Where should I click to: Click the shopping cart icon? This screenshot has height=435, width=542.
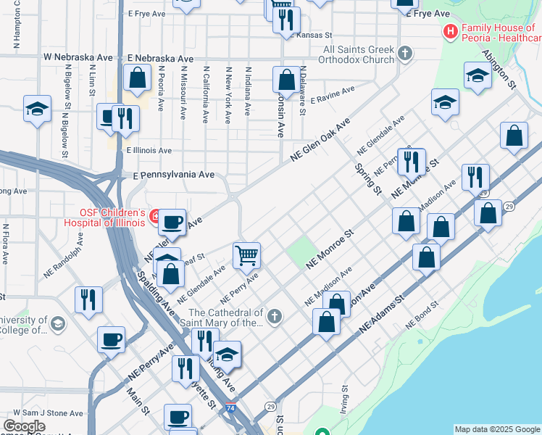[x=246, y=255]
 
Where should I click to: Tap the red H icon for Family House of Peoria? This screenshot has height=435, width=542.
[x=450, y=32]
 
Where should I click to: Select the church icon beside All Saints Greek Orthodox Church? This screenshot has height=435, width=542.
[x=404, y=53]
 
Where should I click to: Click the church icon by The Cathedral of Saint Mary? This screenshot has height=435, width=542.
[x=274, y=316]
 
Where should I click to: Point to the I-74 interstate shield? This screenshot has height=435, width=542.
[x=231, y=409]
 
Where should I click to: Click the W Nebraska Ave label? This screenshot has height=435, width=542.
[x=79, y=57]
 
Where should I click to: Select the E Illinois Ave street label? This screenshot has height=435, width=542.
[x=149, y=151]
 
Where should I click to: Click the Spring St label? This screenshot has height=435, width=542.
[x=367, y=178]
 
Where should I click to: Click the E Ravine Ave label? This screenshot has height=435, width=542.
[x=333, y=96]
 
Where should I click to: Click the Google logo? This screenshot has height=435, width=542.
[x=25, y=426]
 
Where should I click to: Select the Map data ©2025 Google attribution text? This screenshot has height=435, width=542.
[x=497, y=429]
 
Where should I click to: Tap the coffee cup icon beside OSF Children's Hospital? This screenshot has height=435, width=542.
[x=172, y=221]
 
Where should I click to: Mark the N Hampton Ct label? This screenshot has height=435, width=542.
[x=16, y=29]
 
